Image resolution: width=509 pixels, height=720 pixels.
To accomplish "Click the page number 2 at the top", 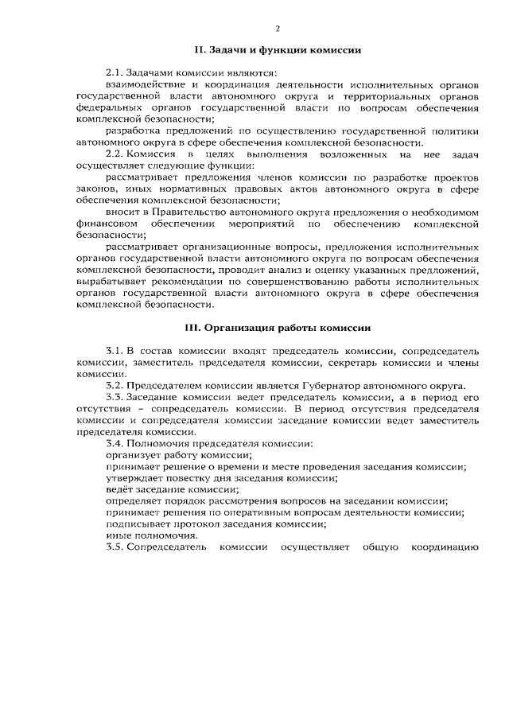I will point(278,29).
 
